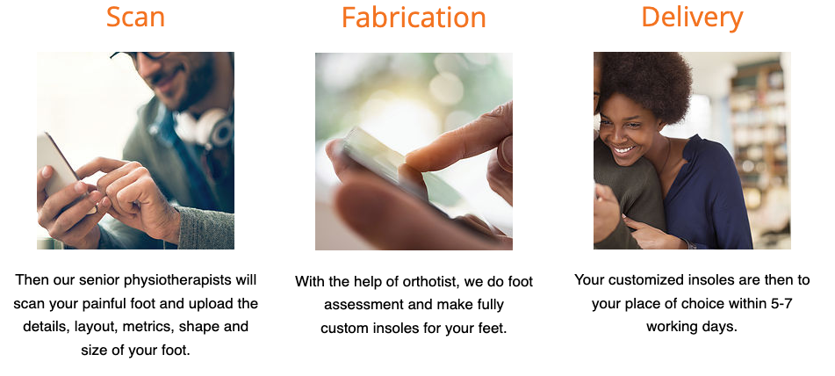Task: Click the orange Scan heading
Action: [x=135, y=17]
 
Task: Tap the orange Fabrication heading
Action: [x=414, y=17]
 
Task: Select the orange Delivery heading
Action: [x=692, y=18]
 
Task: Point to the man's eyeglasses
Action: [x=141, y=55]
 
